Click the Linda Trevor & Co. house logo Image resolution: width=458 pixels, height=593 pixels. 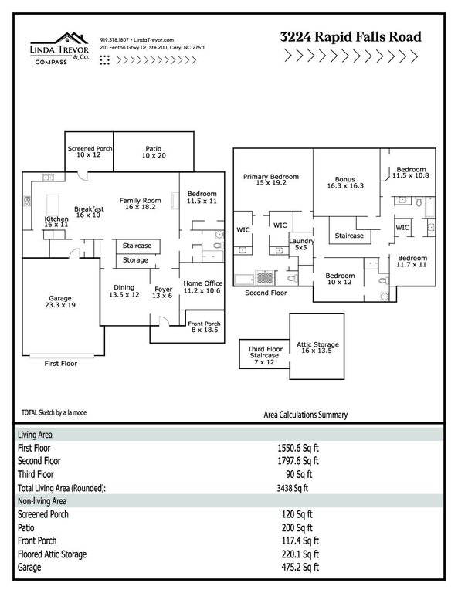click(59, 49)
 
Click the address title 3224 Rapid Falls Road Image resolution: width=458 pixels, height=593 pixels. click(351, 37)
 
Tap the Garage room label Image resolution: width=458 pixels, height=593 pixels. click(60, 301)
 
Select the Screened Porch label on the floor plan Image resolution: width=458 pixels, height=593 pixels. click(90, 151)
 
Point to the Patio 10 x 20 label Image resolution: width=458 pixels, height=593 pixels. click(154, 152)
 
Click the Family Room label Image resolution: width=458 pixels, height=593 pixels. click(141, 204)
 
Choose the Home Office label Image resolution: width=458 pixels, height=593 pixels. click(202, 286)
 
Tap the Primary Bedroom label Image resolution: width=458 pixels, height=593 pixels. click(271, 179)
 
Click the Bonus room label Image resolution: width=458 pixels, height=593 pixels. click(345, 182)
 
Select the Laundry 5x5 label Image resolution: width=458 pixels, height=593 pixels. click(301, 244)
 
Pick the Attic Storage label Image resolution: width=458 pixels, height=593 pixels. click(317, 347)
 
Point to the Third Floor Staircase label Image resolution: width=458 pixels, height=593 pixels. click(265, 355)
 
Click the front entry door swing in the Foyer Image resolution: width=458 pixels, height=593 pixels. click(164, 320)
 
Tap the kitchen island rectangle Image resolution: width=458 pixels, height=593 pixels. click(53, 205)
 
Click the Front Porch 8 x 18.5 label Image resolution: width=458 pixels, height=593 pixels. click(204, 327)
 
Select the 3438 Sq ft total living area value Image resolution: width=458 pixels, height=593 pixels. click(293, 488)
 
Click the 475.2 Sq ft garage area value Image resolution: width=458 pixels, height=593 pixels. click(300, 567)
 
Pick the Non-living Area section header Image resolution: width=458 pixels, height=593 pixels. click(42, 501)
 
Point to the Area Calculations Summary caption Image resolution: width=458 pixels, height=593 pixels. click(306, 415)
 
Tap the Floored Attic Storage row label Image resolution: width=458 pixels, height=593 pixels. click(53, 554)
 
